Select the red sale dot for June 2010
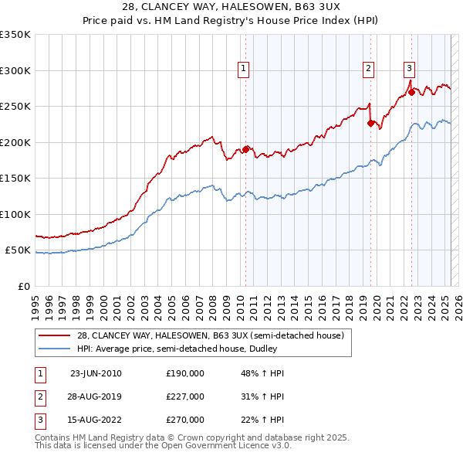246,149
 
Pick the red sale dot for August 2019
371,122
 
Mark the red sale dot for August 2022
411,92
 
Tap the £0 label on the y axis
23,286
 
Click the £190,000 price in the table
185,373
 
